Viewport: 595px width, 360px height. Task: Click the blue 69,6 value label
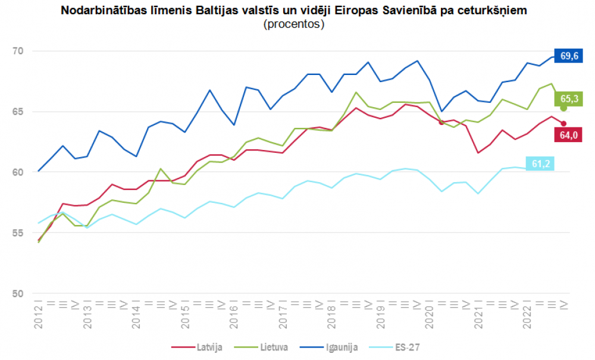point(568,56)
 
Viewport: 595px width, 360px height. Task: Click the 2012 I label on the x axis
point(39,314)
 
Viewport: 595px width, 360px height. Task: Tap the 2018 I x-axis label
point(331,314)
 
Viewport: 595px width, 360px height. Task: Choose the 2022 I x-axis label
point(527,314)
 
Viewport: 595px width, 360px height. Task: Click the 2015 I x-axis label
point(185,314)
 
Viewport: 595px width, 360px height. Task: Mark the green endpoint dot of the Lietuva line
point(563,108)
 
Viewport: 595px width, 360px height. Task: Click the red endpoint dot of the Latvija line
point(563,124)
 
